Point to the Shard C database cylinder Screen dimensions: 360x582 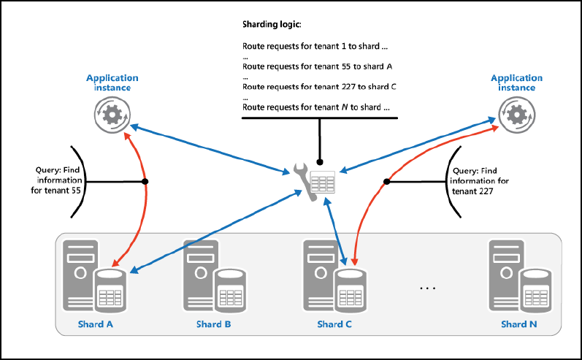pyautogui.click(x=350, y=291)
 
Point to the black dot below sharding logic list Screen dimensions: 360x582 pyautogui.click(x=319, y=161)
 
